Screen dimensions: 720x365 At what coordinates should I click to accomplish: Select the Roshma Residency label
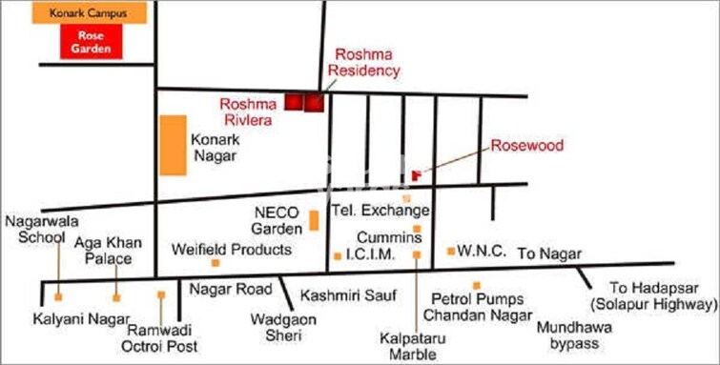click(363, 62)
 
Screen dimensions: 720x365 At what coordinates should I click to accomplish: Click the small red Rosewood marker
click(416, 175)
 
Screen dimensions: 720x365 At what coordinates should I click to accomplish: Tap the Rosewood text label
click(527, 146)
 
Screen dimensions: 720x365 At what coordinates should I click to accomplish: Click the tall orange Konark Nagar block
click(173, 145)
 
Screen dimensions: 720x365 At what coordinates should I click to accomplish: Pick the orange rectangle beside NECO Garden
click(314, 220)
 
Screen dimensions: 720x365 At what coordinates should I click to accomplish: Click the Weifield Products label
click(231, 250)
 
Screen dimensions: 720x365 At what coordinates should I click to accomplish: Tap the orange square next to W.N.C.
click(450, 252)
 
